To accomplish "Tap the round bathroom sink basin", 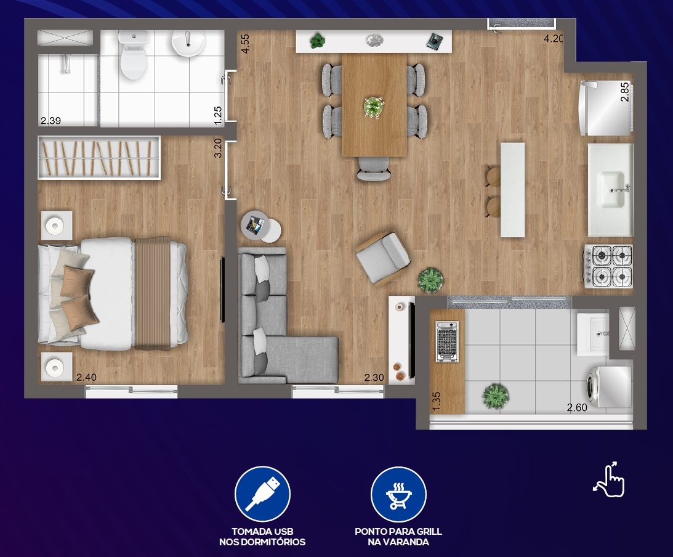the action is coord(188,43).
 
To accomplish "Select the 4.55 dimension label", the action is coord(246,44).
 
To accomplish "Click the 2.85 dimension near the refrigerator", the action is coord(625,91).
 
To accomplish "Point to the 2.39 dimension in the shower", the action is coord(50,121).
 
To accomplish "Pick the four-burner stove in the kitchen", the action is coord(608,266).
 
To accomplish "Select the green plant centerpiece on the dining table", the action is coord(373,106).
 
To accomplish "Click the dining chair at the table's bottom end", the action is coord(374,169).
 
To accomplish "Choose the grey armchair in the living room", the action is coord(383,258).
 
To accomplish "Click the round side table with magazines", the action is coord(260,226).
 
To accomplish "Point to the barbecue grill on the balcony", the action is coord(447,341).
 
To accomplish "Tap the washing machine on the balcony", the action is coord(608,387).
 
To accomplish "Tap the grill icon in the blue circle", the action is coord(398,495).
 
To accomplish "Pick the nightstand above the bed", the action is coord(57,225).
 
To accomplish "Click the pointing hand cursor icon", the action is coord(610,479).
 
